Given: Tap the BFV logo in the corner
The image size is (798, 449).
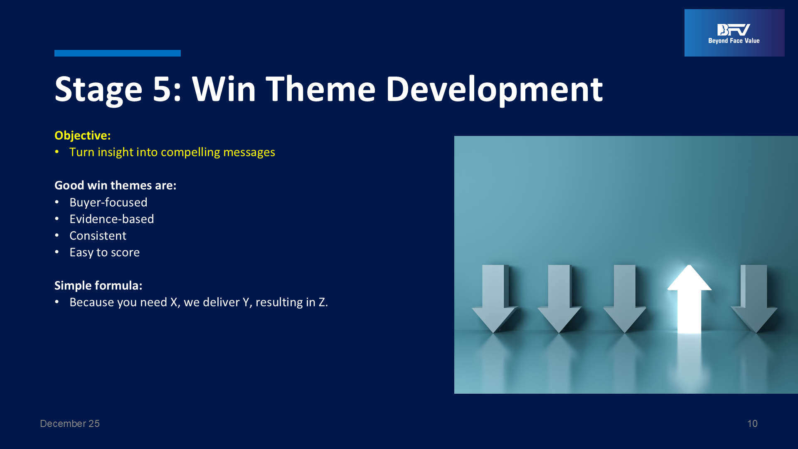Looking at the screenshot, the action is (734, 33).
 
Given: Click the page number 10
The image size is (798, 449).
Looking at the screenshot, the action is (752, 424).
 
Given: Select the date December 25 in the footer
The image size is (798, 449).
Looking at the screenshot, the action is (70, 424).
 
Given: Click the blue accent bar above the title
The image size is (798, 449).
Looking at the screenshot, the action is (118, 53).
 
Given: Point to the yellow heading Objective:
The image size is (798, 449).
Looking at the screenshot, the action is (83, 136).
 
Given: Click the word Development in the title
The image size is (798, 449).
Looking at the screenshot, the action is (494, 90).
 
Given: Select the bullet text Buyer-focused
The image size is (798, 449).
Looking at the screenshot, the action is (108, 202).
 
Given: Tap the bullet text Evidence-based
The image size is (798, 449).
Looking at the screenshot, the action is (112, 219).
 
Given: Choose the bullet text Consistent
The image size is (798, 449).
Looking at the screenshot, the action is (98, 236).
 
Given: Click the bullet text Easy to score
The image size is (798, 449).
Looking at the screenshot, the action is (105, 253).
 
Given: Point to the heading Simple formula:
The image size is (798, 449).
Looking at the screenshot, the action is (99, 286).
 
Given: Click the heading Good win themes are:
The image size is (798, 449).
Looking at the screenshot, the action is (116, 185).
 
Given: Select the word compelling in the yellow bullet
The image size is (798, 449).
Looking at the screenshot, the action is (190, 153).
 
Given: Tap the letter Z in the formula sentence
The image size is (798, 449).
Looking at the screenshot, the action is (322, 302).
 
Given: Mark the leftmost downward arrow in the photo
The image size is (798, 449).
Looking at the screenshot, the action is (494, 299).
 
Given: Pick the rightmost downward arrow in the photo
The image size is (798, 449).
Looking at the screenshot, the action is (754, 299).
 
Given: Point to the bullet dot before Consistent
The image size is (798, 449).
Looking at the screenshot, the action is (57, 236).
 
